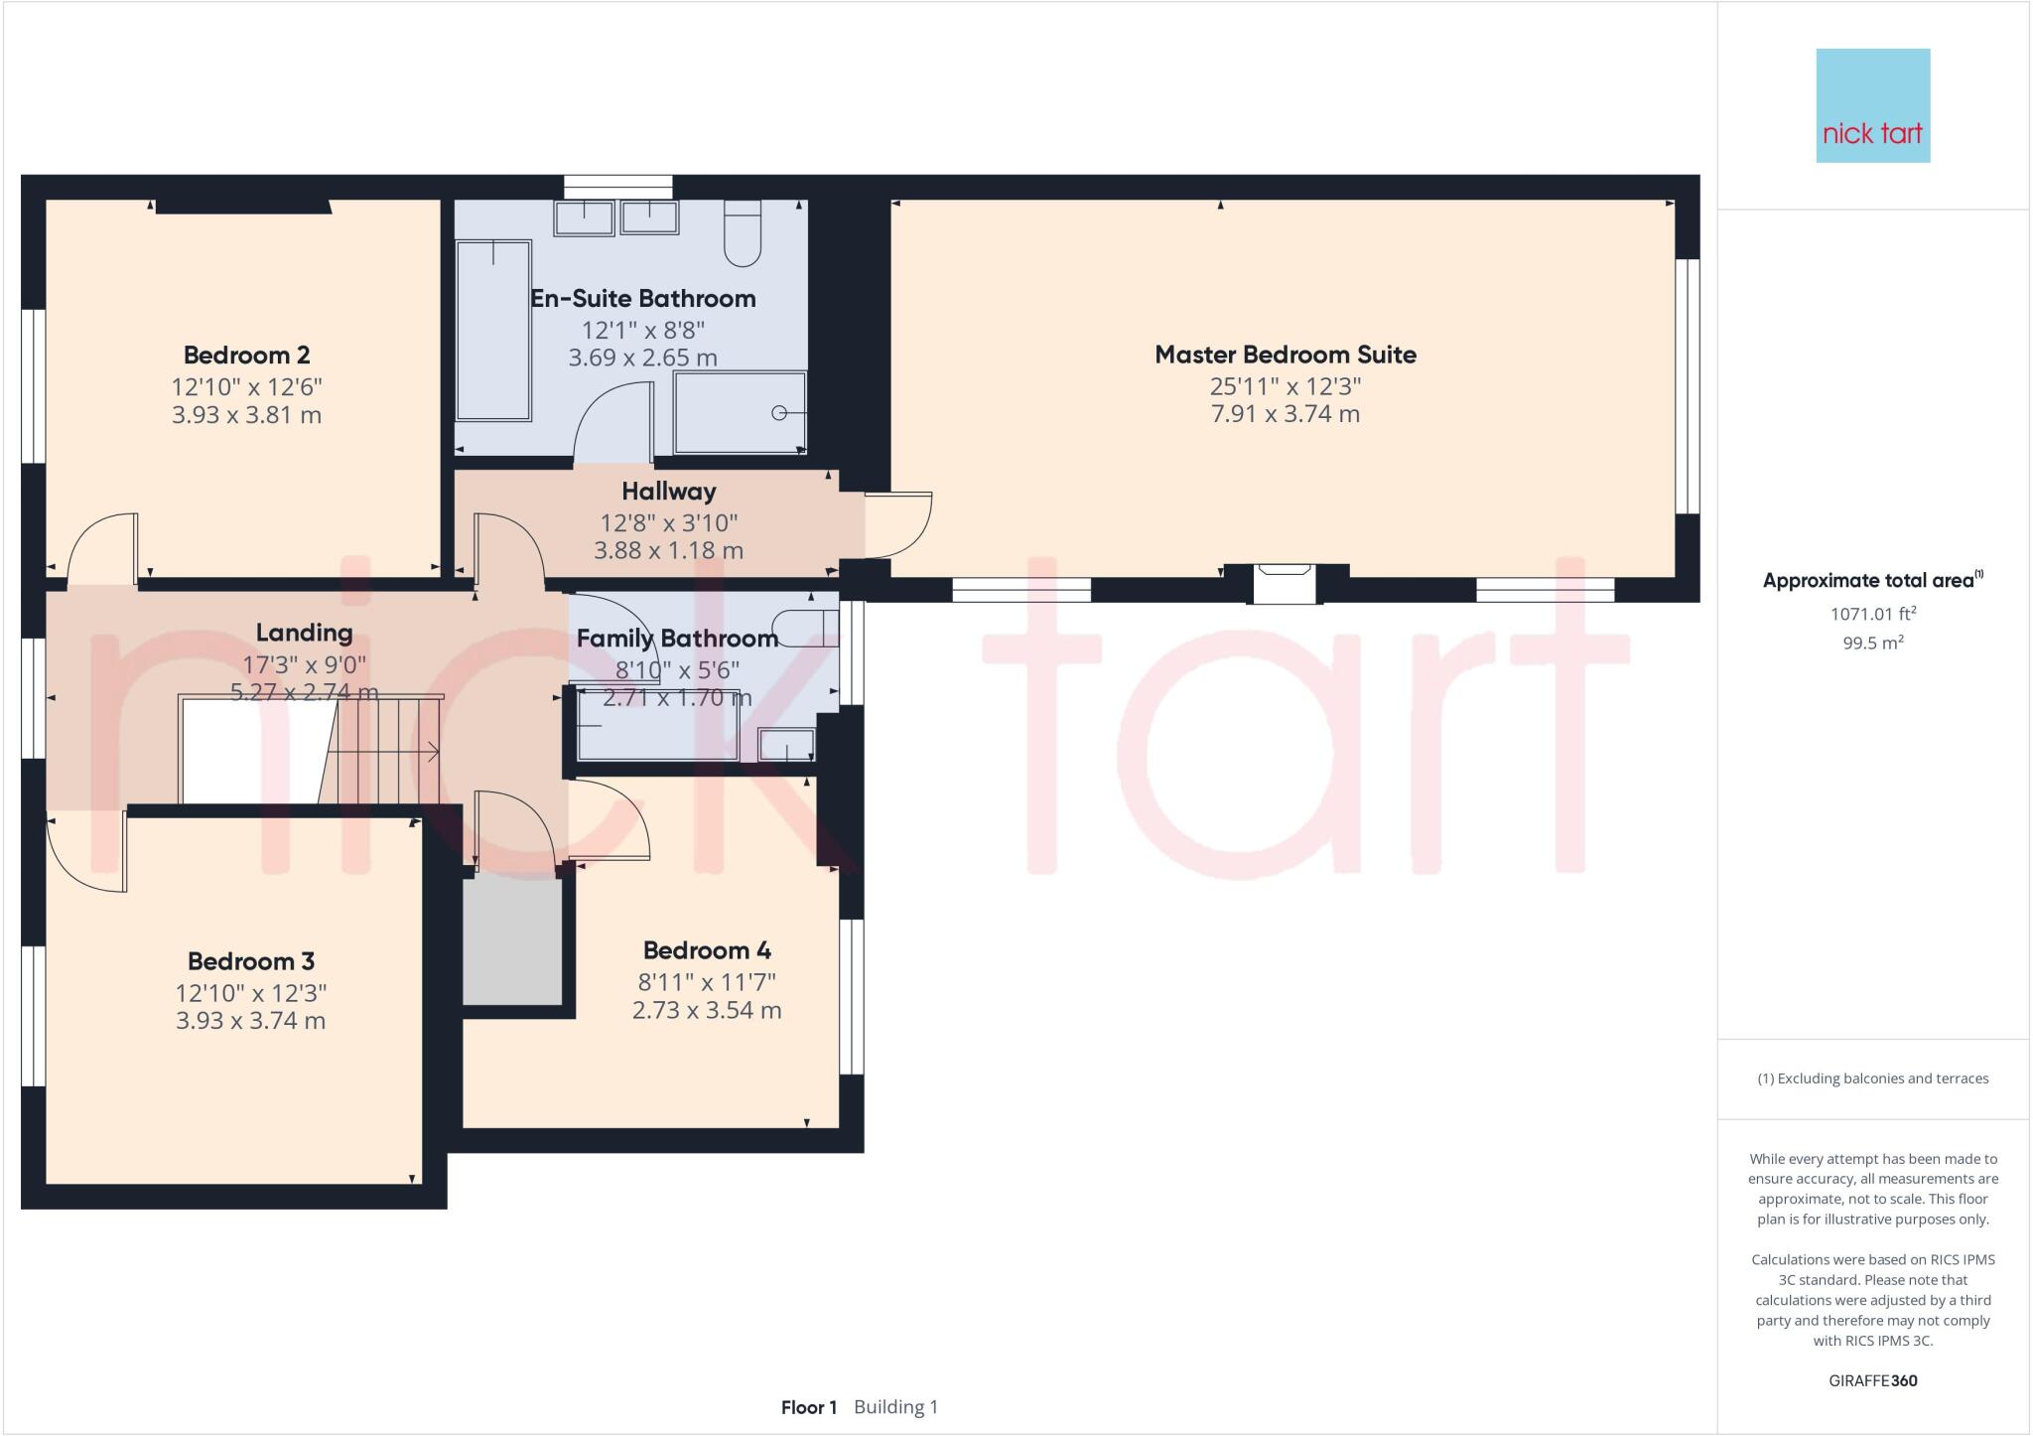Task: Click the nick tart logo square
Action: [1872, 105]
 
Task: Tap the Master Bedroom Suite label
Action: [1285, 355]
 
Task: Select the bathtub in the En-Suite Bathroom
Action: [493, 330]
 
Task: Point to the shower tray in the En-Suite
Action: [740, 412]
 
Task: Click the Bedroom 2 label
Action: [246, 355]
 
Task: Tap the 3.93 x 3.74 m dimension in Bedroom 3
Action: [250, 1021]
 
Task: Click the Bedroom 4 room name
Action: [707, 950]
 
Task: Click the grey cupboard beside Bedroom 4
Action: [512, 939]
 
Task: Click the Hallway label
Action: [668, 491]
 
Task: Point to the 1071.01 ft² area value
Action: [1872, 615]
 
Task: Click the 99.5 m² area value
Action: [1872, 643]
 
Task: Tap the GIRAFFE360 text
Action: [1872, 1380]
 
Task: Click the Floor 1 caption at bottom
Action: [809, 1407]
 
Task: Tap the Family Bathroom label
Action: [677, 639]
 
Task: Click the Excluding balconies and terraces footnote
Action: [1872, 1078]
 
